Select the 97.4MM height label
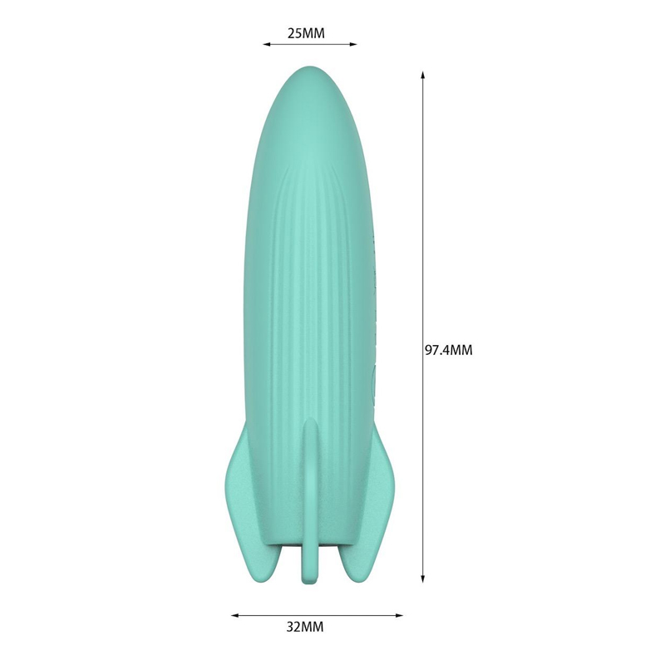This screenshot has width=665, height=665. click(x=448, y=351)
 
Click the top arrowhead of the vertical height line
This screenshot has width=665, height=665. click(x=423, y=75)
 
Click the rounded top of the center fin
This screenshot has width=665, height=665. click(x=310, y=424)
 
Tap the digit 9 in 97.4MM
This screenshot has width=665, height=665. click(x=429, y=351)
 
